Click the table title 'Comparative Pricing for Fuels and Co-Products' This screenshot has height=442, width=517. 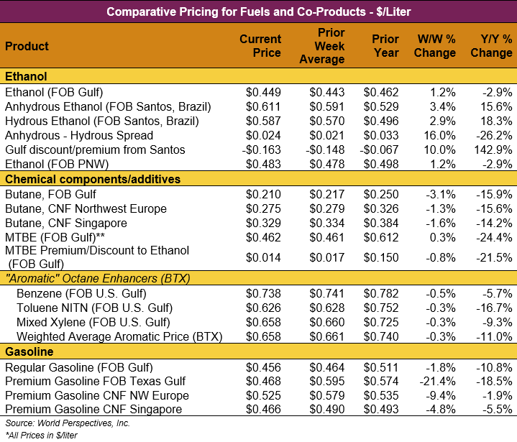tap(258, 11)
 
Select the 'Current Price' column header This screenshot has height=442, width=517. tap(260, 46)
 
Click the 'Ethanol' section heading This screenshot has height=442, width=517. tap(26, 77)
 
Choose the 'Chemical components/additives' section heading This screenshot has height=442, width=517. tap(93, 179)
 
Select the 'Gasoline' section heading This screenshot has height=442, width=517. tap(29, 352)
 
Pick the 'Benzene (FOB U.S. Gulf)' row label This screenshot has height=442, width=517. tap(81, 293)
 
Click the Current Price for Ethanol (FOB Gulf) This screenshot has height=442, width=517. tap(263, 92)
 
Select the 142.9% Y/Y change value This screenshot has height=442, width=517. tap(493, 149)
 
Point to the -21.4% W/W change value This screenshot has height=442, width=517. tap(438, 381)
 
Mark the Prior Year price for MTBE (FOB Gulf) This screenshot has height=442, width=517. tap(381, 237)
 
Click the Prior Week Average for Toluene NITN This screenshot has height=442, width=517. tap(327, 308)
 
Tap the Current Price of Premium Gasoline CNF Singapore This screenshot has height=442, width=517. tap(263, 410)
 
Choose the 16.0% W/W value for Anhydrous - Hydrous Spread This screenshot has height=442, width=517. tap(439, 135)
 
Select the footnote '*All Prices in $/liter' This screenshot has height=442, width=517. tap(41, 435)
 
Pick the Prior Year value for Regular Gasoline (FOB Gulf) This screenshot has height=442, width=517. tap(381, 367)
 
